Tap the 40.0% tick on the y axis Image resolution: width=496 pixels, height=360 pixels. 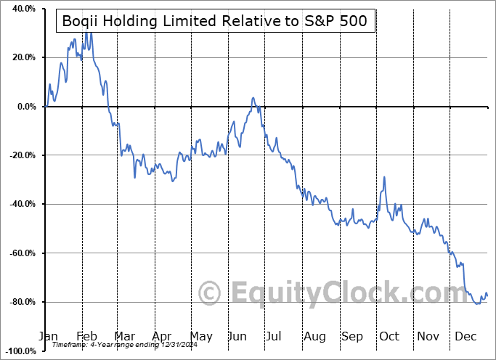point(23,9)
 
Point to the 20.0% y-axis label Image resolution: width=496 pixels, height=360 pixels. point(23,57)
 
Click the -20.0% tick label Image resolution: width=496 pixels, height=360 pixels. point(21,155)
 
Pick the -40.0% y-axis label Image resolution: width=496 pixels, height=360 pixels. point(21,204)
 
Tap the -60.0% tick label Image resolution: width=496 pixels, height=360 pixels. point(21,253)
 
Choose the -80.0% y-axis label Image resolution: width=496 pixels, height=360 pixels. point(21,302)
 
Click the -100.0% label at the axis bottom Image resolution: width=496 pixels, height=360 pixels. point(19,351)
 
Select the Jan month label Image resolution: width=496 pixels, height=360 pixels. point(47,336)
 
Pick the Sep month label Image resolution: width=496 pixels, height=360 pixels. point(352,336)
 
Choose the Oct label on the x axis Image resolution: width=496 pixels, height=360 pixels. point(389,336)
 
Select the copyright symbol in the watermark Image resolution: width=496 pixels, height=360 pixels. point(210,293)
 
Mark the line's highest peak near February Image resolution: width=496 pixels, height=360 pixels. point(87,31)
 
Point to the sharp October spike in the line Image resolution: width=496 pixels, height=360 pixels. point(384,177)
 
